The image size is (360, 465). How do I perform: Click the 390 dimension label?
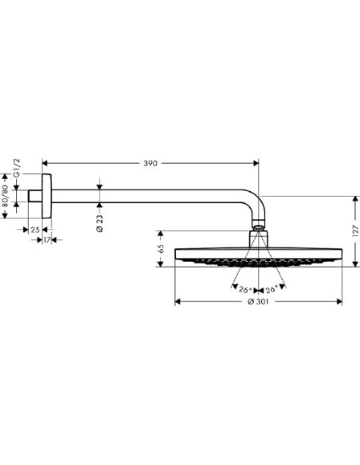(x=151, y=163)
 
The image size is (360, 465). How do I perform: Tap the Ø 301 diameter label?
(x=258, y=302)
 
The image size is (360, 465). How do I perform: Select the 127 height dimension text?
(x=356, y=231)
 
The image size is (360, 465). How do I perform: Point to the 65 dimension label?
(x=161, y=248)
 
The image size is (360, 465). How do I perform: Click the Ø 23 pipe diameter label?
(x=100, y=223)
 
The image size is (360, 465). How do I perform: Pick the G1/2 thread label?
(x=17, y=168)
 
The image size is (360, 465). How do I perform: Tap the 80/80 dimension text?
(x=6, y=195)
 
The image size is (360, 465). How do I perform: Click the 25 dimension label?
(x=35, y=229)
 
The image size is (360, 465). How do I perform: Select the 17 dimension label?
(x=47, y=240)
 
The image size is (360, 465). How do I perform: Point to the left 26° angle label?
(x=245, y=290)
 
